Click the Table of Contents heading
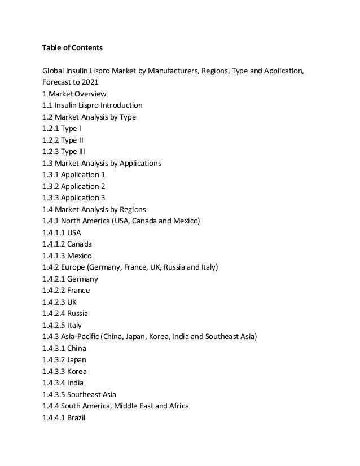(x=72, y=48)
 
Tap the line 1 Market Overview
(x=74, y=94)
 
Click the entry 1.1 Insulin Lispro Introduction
(x=92, y=105)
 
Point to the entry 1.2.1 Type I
(x=62, y=129)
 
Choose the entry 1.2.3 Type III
(x=64, y=152)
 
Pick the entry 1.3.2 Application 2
(x=73, y=186)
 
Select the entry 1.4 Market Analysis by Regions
(x=94, y=209)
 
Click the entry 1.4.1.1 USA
(x=62, y=232)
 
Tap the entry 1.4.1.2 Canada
(x=67, y=244)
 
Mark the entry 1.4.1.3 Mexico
(x=67, y=256)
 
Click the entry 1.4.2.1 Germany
(x=70, y=279)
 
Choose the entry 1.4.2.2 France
(x=66, y=291)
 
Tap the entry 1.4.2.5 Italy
(x=62, y=326)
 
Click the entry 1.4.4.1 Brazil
(x=64, y=418)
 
